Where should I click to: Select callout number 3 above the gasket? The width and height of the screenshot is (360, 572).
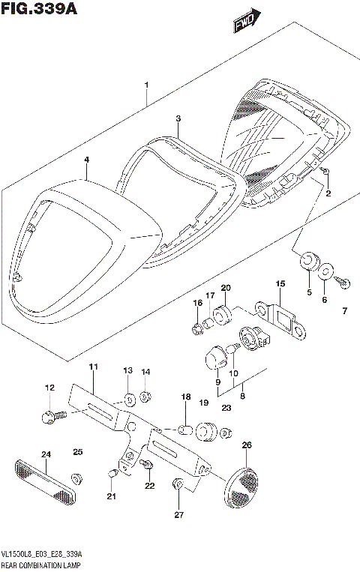coord(178,118)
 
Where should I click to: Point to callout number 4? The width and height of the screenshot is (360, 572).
coord(86,160)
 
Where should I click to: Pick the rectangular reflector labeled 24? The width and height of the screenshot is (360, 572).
coord(45,481)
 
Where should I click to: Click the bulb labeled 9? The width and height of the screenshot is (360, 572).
coord(213,356)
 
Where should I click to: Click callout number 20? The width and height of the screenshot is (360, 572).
coord(226,289)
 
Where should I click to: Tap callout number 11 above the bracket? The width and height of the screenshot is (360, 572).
coord(93,367)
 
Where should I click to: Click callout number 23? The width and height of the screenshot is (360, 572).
coord(226,408)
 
